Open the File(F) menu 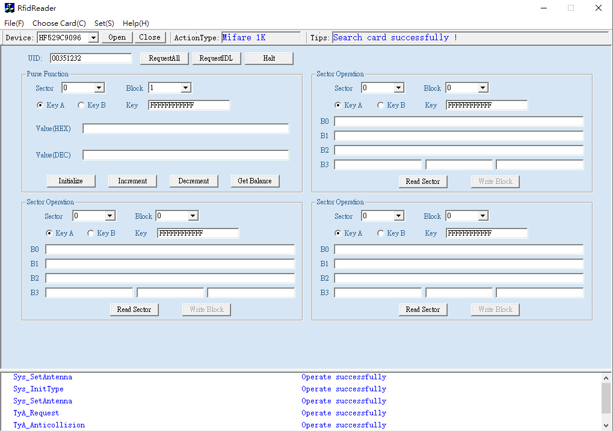14,23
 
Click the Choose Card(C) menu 59,23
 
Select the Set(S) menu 105,23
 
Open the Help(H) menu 136,23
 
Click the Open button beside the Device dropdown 117,37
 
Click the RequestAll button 164,58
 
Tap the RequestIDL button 216,58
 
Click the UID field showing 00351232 91,58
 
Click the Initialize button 71,181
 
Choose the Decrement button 194,181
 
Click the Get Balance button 254,181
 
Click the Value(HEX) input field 186,129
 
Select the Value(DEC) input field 186,155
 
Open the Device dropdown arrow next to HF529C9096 93,37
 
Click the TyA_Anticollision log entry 49,425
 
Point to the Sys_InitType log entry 39,389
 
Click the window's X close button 598,8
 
